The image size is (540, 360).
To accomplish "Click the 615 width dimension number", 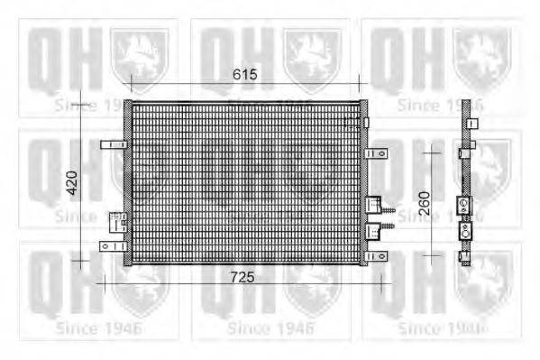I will [243, 75].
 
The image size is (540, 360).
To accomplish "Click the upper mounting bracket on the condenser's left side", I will [111, 145].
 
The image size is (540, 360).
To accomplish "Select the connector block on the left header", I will [117, 222].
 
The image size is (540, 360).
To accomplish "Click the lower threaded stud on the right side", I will [389, 237].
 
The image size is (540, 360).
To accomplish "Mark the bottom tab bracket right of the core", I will [376, 256].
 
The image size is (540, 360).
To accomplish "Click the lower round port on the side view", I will [464, 231].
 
